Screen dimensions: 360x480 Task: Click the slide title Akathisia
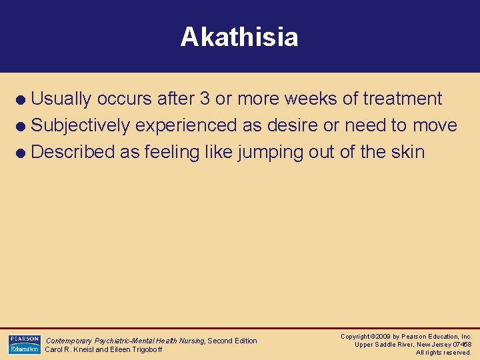tap(239, 37)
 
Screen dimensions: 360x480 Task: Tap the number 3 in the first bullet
tap(203, 99)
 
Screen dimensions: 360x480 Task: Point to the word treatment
tap(402, 99)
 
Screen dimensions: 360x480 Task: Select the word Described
tap(73, 152)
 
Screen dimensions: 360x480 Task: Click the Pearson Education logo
tap(24, 345)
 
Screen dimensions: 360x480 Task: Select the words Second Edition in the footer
tap(232, 341)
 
